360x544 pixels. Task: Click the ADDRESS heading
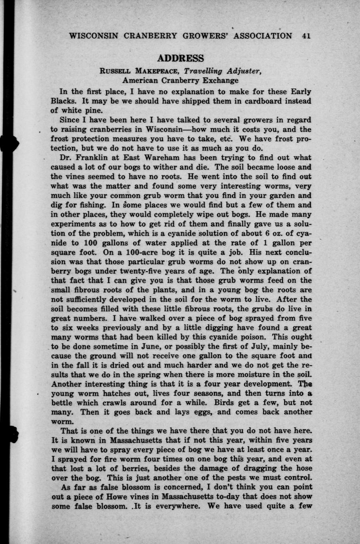coord(180,58)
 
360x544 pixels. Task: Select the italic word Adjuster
coord(242,71)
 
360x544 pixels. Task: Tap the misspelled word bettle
coord(63,403)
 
